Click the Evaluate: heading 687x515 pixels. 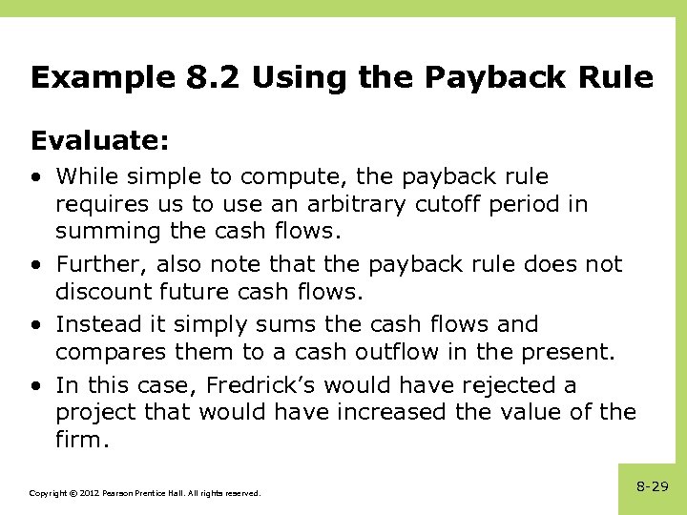click(x=100, y=141)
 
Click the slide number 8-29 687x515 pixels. click(x=652, y=486)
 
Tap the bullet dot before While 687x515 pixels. click(x=35, y=177)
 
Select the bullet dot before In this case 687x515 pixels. click(x=35, y=386)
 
